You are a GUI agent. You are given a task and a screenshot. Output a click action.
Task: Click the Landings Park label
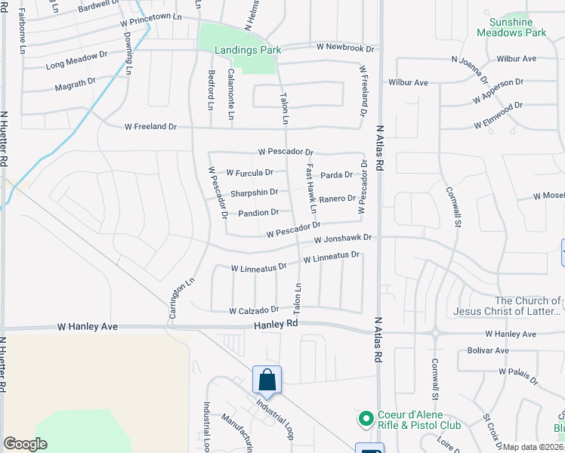coord(238,50)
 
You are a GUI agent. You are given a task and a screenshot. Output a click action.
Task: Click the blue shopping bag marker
coord(267,380)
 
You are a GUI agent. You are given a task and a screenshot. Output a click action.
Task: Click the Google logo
coord(25,443)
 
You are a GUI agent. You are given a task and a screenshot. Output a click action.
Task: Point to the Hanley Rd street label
coord(276,323)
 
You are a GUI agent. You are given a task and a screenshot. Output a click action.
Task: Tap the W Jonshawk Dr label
coord(344,238)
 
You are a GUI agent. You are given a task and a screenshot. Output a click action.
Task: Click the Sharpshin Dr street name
coord(254,193)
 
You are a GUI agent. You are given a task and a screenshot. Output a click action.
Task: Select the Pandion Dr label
coord(258,213)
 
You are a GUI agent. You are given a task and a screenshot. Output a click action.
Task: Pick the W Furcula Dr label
coord(249,172)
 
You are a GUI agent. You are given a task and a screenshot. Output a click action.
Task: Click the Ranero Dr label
coord(337,199)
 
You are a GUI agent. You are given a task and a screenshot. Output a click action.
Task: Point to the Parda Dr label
coord(336,175)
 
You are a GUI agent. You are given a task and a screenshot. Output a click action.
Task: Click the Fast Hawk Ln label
coord(310,188)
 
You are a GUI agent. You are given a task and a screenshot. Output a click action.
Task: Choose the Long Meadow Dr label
coord(77,65)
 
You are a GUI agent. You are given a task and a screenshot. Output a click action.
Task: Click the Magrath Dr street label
coord(75,86)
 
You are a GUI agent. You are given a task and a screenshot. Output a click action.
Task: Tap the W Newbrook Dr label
coord(347,47)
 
